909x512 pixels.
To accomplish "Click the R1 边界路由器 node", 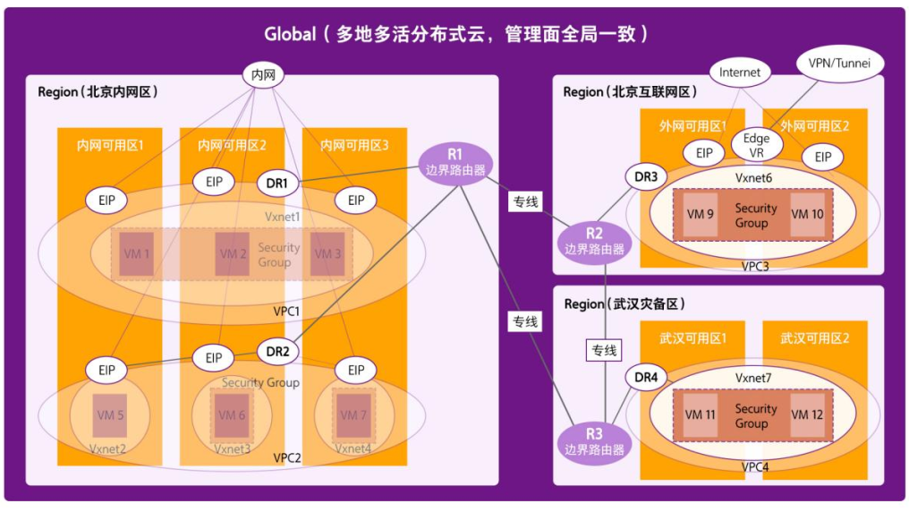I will coord(456,163).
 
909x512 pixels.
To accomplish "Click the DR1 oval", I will coord(277,183).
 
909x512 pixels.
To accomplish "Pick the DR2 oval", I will coord(277,352).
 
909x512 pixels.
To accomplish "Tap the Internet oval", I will coord(740,73).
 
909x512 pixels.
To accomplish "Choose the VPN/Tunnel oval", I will coord(838,64).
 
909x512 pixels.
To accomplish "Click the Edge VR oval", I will coord(756,145).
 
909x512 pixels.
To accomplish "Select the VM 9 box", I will coord(700,215).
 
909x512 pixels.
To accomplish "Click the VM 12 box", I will coord(806,415).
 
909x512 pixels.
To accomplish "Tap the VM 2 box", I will coord(233,254).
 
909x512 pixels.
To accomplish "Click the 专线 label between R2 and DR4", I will coord(603,350).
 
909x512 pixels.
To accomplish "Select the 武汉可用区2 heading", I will coord(814,338).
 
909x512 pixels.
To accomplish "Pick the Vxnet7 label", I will coord(755,380).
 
